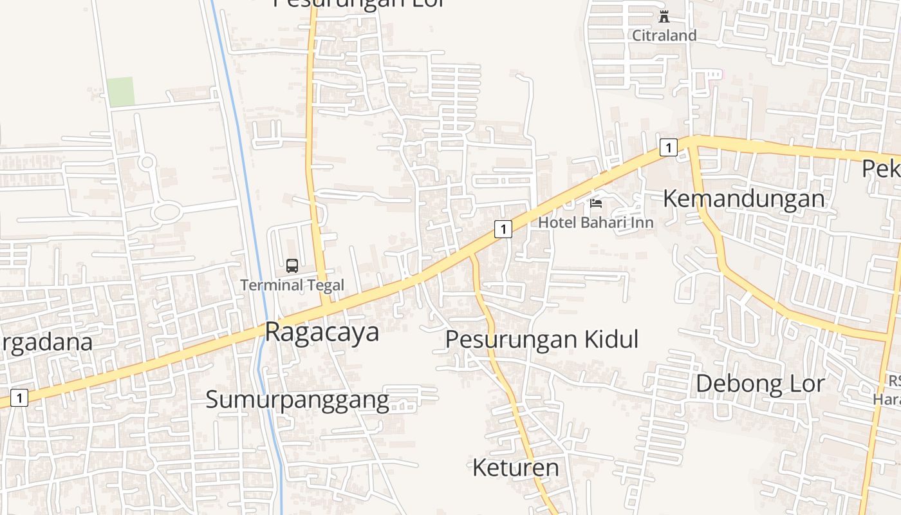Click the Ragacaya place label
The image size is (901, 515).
click(x=322, y=333)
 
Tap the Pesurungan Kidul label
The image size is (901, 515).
click(x=542, y=339)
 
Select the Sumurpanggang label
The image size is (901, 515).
click(x=297, y=400)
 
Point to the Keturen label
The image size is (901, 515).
click(x=516, y=467)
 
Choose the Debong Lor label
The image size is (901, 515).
click(x=760, y=384)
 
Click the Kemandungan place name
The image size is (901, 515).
click(x=743, y=199)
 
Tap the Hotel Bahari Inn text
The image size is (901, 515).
click(x=596, y=223)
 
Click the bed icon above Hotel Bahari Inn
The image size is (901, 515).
click(x=596, y=204)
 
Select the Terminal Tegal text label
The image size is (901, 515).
click(x=292, y=285)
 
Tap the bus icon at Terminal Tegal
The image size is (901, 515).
click(x=292, y=265)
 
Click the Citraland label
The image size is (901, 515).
click(x=664, y=35)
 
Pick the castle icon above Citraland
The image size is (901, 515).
click(x=664, y=17)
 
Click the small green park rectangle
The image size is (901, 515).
click(x=120, y=91)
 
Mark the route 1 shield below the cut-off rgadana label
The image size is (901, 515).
click(x=19, y=398)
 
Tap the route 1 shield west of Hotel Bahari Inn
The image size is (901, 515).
click(x=503, y=229)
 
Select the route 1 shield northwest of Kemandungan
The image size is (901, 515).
click(x=669, y=147)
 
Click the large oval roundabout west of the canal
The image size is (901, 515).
click(x=167, y=211)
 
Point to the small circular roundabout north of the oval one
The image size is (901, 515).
click(x=147, y=162)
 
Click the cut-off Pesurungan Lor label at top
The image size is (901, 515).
click(x=358, y=3)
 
